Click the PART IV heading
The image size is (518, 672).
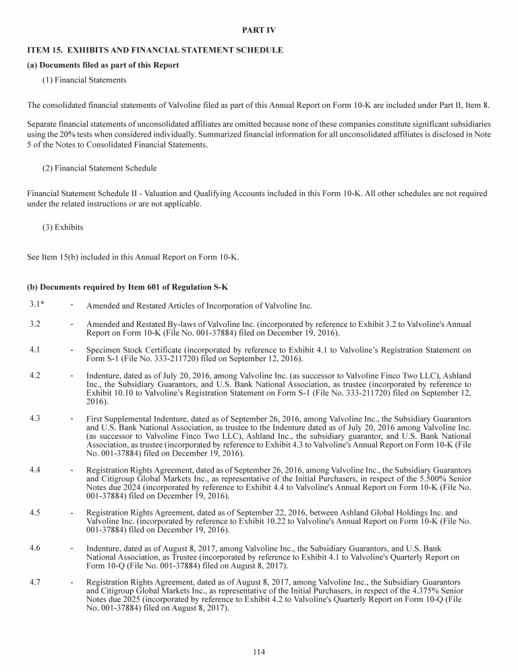(259, 31)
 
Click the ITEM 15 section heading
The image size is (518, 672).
(154, 51)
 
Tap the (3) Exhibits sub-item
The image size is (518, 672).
(63, 227)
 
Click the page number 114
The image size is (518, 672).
(259, 652)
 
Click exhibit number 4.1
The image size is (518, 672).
(35, 350)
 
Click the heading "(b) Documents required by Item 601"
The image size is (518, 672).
(127, 286)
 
